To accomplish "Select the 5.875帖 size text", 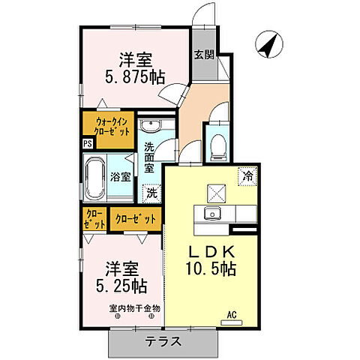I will coord(135,75).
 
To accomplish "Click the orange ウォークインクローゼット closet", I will coord(110,126).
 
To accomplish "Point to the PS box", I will coord(88,144).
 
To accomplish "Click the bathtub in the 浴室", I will coord(94,178).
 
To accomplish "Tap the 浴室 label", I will coord(121,178).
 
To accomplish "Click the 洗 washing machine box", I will coord(151,192).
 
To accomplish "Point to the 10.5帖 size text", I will coord(210,268).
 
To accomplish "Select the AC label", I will coord(232,316).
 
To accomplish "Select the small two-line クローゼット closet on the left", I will coord(94,220).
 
